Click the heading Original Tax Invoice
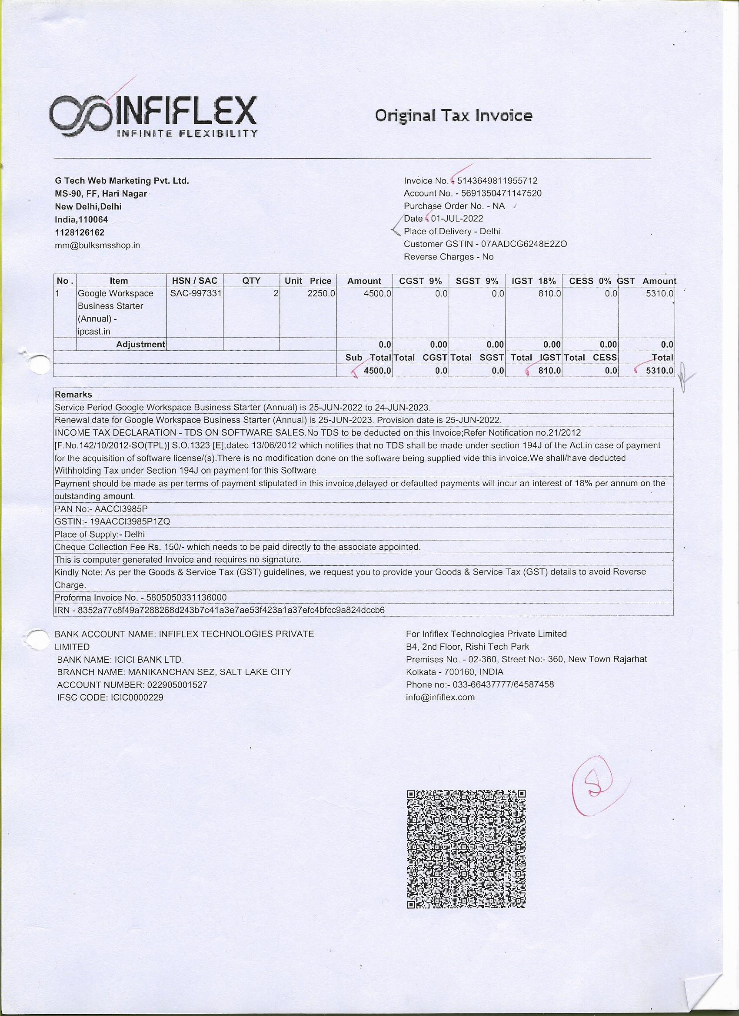coord(453,116)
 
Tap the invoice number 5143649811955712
coord(497,181)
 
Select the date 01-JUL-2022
coord(457,219)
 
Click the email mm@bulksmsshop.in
coord(97,246)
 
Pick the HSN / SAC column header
coord(194,281)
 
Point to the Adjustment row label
coord(140,345)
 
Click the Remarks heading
coord(73,395)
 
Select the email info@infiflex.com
coord(440,697)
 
